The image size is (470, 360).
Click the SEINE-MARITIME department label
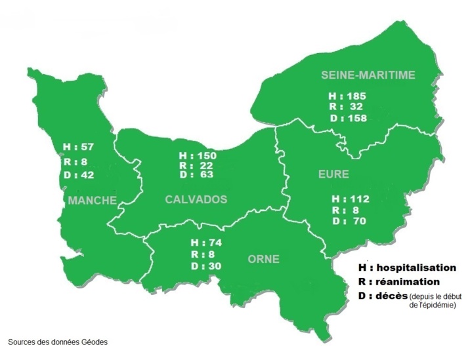[368, 75]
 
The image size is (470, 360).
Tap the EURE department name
[334, 175]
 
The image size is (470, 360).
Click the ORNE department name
[263, 260]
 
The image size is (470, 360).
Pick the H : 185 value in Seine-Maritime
[347, 96]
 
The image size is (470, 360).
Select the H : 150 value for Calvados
[198, 155]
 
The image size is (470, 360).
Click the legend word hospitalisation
[416, 268]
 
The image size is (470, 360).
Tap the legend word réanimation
[408, 281]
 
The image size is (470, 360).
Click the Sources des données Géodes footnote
[57, 342]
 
